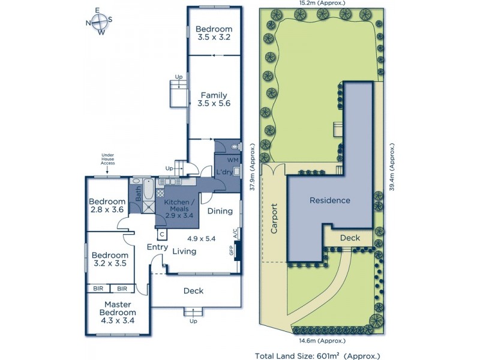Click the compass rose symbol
tap(100, 22)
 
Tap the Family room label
tap(214, 99)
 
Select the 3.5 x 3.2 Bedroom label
tap(214, 33)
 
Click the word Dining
tap(220, 211)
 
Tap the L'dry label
tap(224, 173)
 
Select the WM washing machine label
tap(232, 161)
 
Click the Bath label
tap(139, 193)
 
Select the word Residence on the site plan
tap(329, 200)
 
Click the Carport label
tap(274, 218)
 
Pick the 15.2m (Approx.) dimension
tap(321, 4)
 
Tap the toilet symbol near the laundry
tap(236, 146)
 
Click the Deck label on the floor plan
tap(193, 291)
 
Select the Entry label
tap(157, 247)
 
